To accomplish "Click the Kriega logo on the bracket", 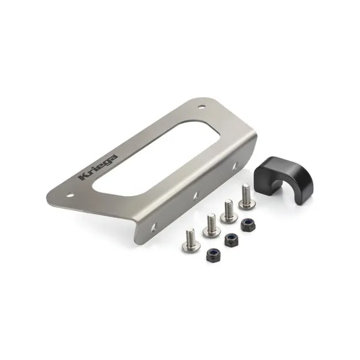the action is pyautogui.click(x=98, y=167).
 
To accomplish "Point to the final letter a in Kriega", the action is pyautogui.click(x=113, y=158).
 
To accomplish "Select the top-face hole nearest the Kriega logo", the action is pyautogui.click(x=70, y=196).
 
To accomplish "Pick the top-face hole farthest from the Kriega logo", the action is pyautogui.click(x=202, y=106).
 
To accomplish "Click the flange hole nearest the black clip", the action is pyautogui.click(x=235, y=166).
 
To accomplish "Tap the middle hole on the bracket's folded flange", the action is pyautogui.click(x=196, y=196).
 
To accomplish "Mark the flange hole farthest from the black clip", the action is pyautogui.click(x=154, y=227).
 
